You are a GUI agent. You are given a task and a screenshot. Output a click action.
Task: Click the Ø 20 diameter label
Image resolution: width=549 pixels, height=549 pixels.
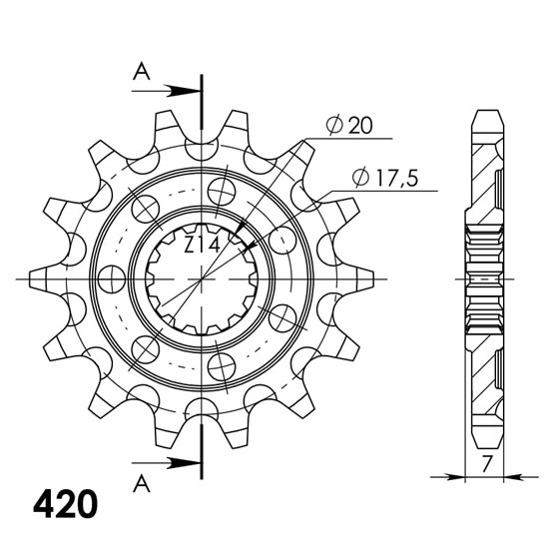[349, 126]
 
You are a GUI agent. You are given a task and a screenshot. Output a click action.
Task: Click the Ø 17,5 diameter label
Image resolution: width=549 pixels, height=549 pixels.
[385, 178]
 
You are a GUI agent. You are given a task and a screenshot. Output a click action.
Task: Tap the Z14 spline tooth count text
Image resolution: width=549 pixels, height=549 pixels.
[202, 245]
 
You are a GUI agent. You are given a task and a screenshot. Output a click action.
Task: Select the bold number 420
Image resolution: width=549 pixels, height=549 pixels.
[66, 505]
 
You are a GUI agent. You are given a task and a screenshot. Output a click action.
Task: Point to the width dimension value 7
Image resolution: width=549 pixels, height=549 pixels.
[486, 464]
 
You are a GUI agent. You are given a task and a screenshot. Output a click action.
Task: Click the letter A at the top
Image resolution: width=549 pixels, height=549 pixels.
[142, 71]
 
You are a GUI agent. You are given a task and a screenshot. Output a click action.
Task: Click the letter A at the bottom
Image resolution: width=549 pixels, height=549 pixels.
[142, 483]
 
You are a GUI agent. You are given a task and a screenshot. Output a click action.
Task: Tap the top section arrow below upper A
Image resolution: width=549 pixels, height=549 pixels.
[166, 92]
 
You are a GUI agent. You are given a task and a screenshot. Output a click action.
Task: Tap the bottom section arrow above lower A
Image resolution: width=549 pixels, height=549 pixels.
[166, 463]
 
